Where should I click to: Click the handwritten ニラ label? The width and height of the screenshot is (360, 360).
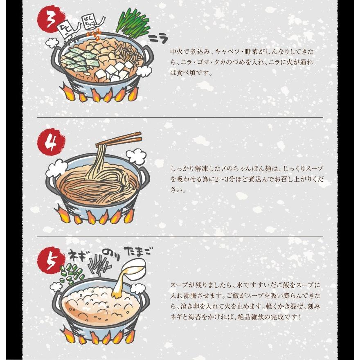click(x=158, y=38)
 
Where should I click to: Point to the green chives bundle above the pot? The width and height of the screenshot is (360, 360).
click(x=133, y=22)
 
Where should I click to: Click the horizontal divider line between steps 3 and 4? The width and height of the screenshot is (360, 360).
click(x=180, y=117)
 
